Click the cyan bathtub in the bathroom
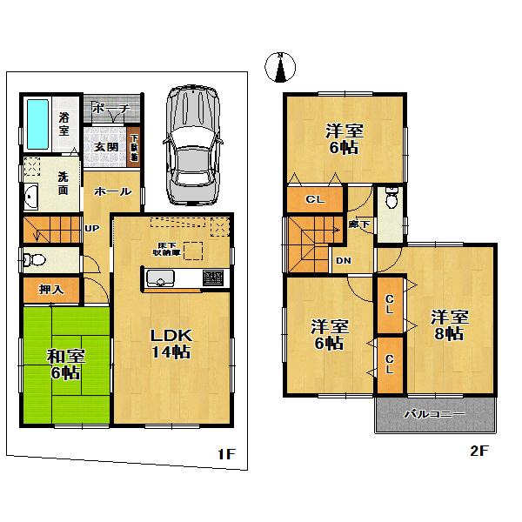37,122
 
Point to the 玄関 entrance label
106,146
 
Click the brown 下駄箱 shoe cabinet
134,148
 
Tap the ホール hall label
113,191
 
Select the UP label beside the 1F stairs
90,230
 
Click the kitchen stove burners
213,278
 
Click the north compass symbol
281,69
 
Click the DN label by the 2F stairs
344,260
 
